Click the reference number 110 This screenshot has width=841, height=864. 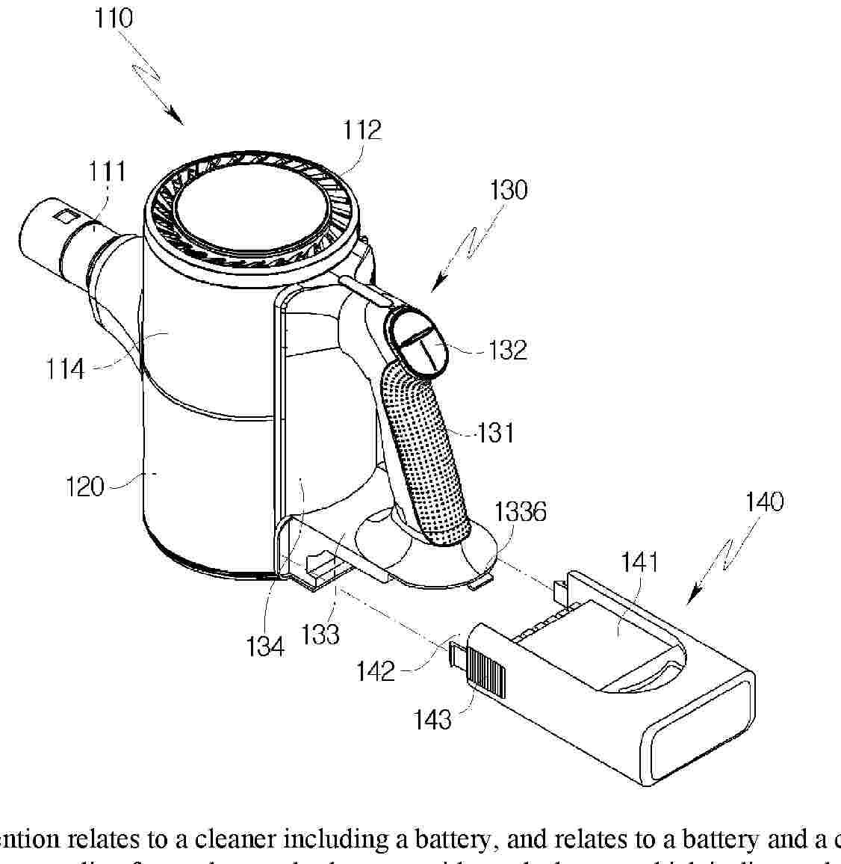(x=114, y=19)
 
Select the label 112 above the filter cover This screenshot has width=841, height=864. (x=362, y=130)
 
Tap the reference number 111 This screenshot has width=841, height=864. (x=108, y=171)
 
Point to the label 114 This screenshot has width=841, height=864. (x=65, y=368)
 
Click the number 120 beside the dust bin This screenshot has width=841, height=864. (x=84, y=487)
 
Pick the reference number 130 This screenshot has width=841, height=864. (x=508, y=189)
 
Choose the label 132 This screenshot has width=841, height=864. (x=508, y=350)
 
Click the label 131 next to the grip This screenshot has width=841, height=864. (x=495, y=432)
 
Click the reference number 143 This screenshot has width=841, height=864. (x=433, y=719)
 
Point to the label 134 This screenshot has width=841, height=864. (x=265, y=645)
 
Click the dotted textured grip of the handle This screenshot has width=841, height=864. (x=424, y=456)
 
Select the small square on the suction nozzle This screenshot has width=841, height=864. (x=65, y=216)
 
